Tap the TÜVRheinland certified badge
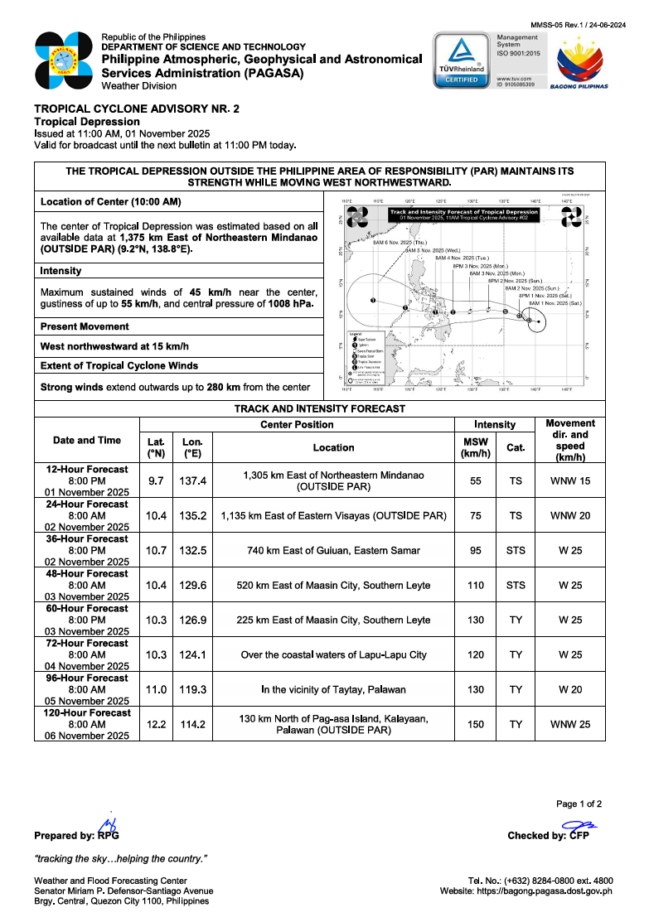462,60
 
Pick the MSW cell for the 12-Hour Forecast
476,480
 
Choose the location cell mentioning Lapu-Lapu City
333,654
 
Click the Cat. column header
516,447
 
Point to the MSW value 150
476,724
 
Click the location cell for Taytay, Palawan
333,689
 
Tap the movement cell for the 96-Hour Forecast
570,689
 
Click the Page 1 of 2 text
579,804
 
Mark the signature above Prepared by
107,823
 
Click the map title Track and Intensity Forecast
464,213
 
